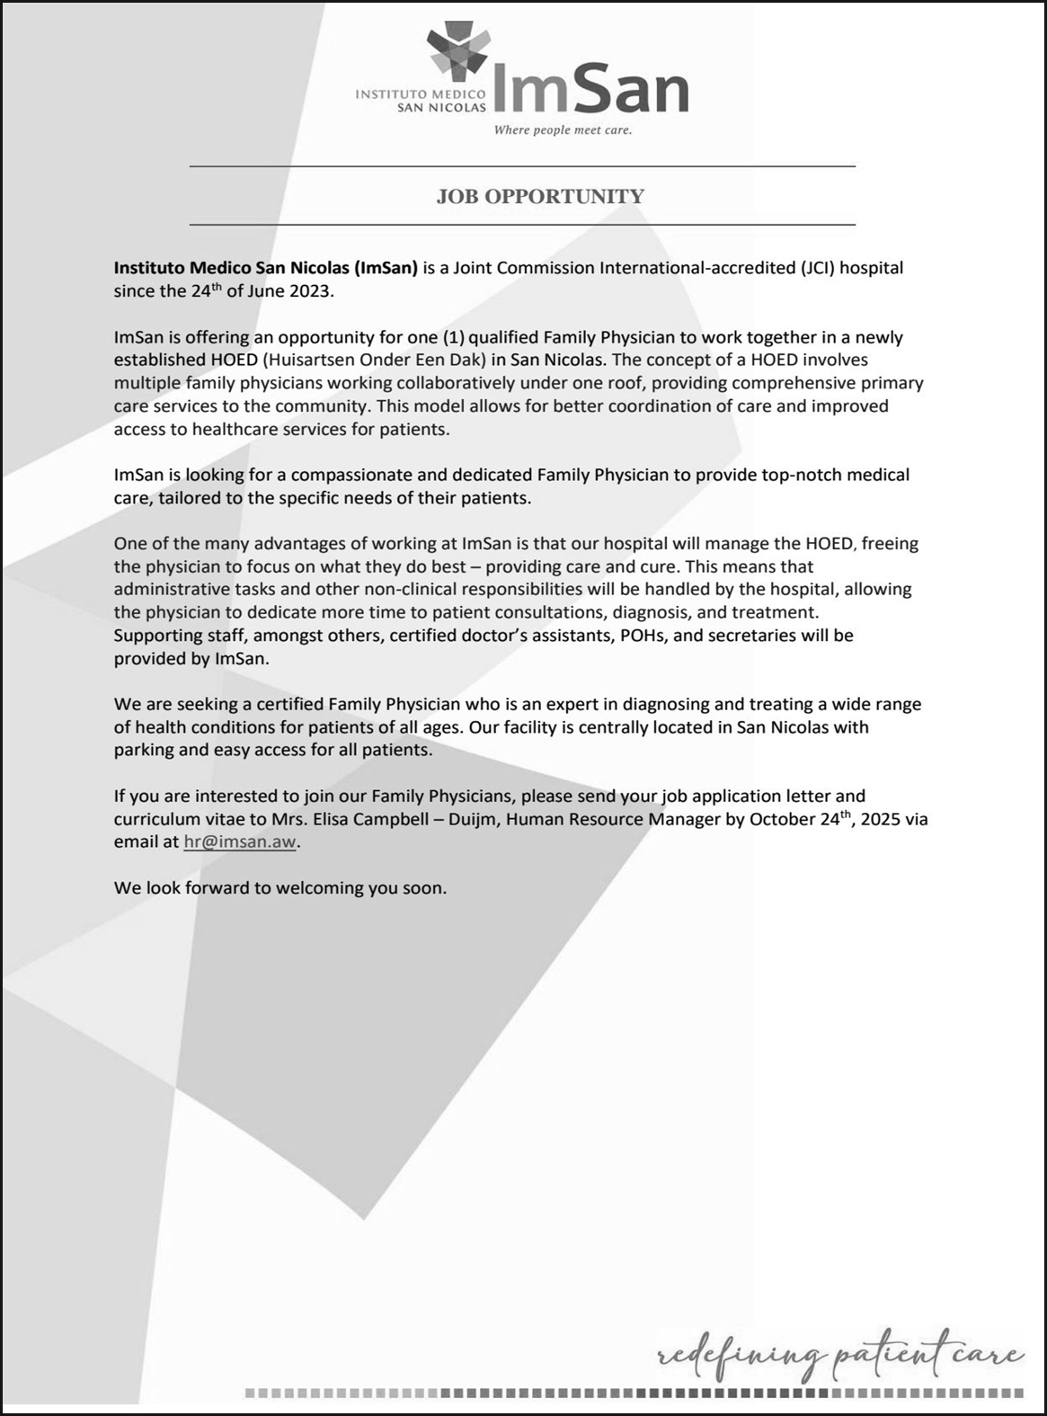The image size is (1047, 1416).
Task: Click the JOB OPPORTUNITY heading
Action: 540,196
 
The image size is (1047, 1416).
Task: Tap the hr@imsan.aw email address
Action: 239,842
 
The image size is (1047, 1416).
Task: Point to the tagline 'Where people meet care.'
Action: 563,130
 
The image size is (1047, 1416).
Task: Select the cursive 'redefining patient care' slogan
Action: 840,1354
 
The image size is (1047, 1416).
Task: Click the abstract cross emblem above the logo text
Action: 458,51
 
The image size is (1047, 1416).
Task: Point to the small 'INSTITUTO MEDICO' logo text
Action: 421,93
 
